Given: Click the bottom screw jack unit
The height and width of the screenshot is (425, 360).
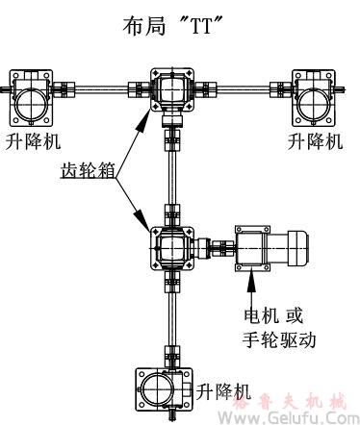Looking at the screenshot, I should click(x=160, y=389).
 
